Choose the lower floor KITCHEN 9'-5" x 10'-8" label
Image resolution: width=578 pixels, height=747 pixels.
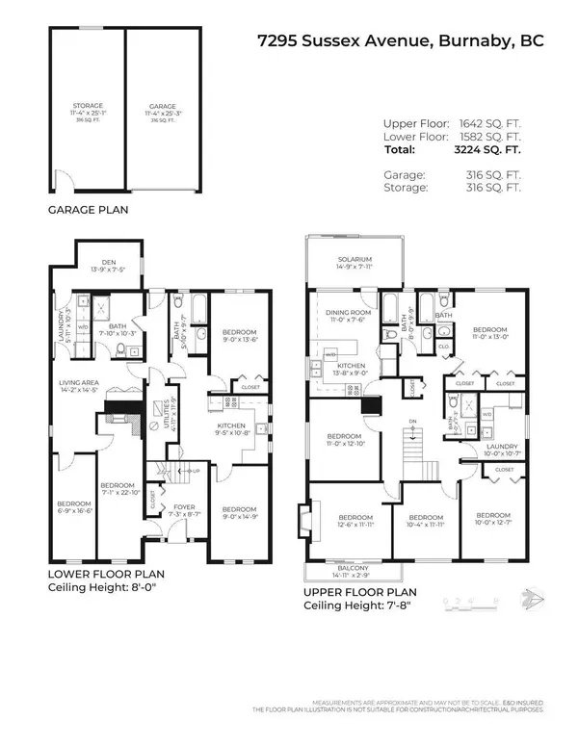(231, 428)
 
